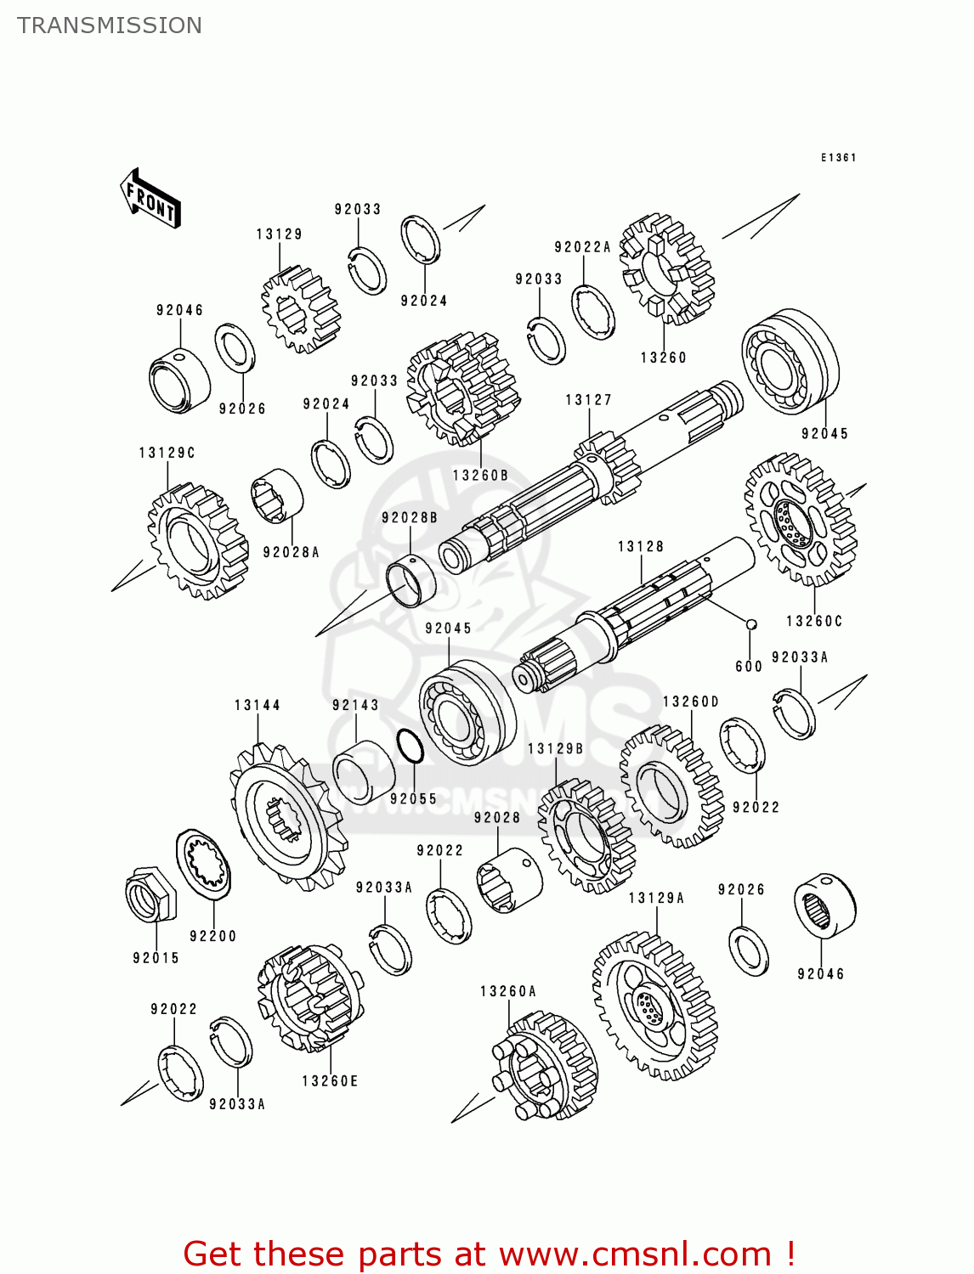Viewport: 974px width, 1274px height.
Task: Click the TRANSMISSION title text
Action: (110, 25)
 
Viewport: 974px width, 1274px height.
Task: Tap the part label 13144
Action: (257, 705)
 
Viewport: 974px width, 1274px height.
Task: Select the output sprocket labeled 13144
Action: (286, 819)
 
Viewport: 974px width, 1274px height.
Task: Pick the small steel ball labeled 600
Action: (751, 624)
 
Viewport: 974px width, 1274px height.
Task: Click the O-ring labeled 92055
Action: (411, 747)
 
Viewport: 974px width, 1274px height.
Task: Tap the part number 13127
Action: (588, 400)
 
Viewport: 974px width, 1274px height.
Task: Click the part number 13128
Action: (640, 547)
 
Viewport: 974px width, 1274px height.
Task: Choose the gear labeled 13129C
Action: (196, 541)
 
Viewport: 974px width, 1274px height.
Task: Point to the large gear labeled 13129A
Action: (655, 1006)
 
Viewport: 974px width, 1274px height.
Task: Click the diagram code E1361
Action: (838, 158)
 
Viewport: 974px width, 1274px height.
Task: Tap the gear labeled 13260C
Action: (800, 520)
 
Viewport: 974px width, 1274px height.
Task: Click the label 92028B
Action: (409, 517)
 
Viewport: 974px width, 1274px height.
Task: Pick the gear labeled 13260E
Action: (310, 997)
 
